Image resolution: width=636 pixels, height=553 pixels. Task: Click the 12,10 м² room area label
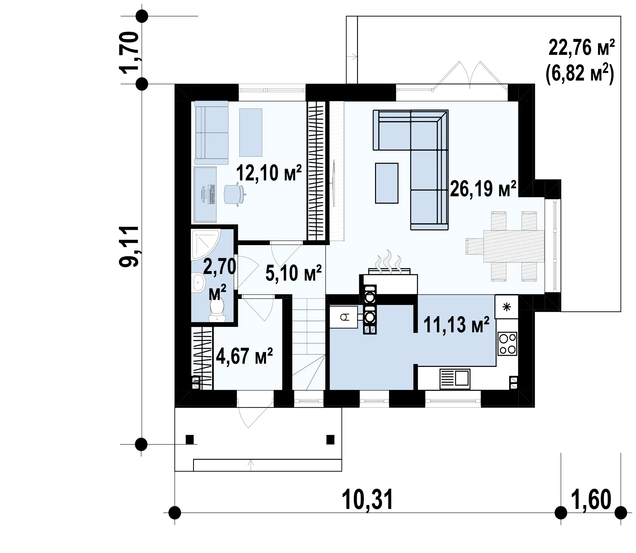click(269, 173)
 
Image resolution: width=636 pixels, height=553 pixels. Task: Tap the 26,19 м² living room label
click(483, 189)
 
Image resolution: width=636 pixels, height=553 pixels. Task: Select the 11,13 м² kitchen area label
click(456, 325)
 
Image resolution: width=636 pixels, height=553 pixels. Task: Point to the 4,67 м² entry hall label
click(244, 356)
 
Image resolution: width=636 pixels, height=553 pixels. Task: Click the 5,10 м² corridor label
click(294, 273)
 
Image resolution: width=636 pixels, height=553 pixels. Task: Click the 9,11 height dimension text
click(129, 246)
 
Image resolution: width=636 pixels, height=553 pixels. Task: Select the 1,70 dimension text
click(129, 52)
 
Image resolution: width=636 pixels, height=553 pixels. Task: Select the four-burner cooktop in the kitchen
click(507, 344)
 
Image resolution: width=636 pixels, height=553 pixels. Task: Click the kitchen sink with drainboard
click(455, 379)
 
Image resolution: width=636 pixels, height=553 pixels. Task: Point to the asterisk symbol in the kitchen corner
click(507, 307)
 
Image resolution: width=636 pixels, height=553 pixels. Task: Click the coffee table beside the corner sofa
click(386, 183)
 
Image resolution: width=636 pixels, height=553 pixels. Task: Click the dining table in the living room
click(514, 246)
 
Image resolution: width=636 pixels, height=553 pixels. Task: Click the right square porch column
click(330, 439)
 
